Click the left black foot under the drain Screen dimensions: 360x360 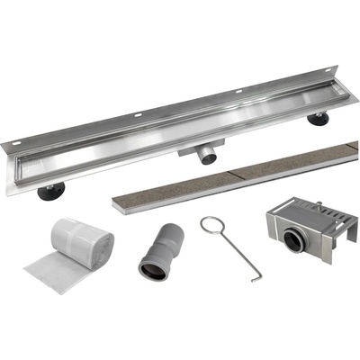click(x=52, y=189)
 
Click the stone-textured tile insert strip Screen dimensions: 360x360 click(x=234, y=175)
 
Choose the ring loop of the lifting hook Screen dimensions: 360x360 click(x=211, y=224)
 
